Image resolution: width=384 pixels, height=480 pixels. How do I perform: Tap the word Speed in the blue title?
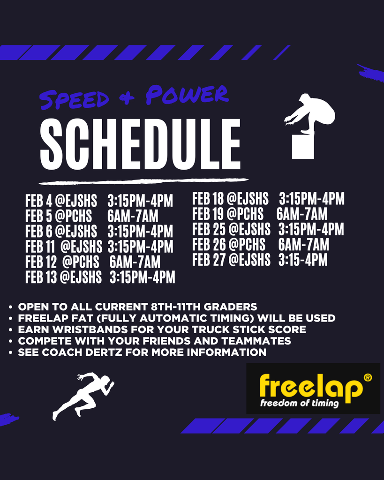coord(75,98)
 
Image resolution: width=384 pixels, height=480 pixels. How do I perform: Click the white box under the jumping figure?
coord(302,147)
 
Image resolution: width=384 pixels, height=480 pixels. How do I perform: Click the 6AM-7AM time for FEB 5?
coord(133,217)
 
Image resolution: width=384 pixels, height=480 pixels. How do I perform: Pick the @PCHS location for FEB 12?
coord(81,262)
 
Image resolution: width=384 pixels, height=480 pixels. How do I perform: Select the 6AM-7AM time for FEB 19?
coord(301,214)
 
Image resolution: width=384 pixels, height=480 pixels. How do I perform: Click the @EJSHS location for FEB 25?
coord(249,230)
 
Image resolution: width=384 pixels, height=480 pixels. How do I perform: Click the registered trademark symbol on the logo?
coord(368,377)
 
